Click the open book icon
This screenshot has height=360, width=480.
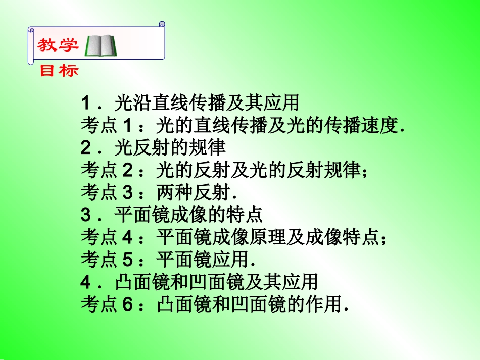coord(102,45)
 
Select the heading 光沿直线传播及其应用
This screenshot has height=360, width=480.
coord(207,104)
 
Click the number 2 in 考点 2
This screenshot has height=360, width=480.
coord(127,170)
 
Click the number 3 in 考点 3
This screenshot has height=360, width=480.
coord(127,192)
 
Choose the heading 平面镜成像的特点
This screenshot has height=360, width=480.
coord(188,215)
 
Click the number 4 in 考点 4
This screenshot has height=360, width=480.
coord(127,237)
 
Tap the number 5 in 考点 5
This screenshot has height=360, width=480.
coord(127,259)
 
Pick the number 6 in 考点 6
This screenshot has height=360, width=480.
coord(127,303)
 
